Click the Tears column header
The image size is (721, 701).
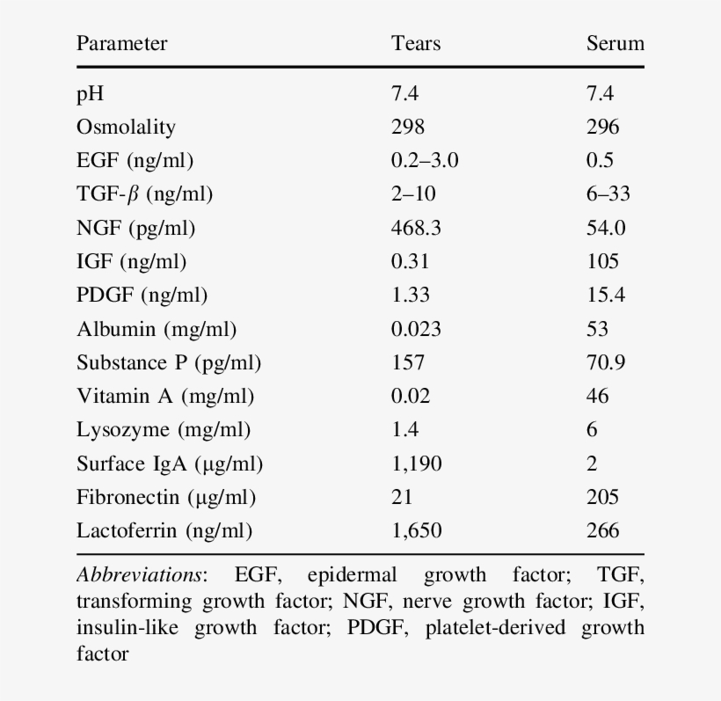tap(416, 43)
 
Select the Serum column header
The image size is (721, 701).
tap(615, 43)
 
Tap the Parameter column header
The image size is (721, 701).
tap(121, 43)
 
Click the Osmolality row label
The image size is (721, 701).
tap(126, 127)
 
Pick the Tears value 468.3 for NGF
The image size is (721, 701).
tap(416, 228)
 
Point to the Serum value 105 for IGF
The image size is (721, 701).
tap(602, 261)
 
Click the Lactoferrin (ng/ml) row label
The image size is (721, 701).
tap(164, 530)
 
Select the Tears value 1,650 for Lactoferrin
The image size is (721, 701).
tap(416, 530)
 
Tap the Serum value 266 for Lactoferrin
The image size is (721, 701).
tap(602, 530)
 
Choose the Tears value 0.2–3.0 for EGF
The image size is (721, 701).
tap(425, 160)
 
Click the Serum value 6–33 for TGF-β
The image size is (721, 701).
tap(608, 194)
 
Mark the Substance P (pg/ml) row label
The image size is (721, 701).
tap(169, 362)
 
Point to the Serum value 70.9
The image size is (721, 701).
tap(606, 362)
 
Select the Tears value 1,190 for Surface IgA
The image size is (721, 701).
tap(416, 464)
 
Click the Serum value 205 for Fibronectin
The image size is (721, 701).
tap(602, 497)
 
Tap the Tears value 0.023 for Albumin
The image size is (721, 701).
tap(416, 329)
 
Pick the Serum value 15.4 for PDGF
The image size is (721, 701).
tap(606, 295)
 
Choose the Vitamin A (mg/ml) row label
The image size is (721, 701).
tap(165, 396)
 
